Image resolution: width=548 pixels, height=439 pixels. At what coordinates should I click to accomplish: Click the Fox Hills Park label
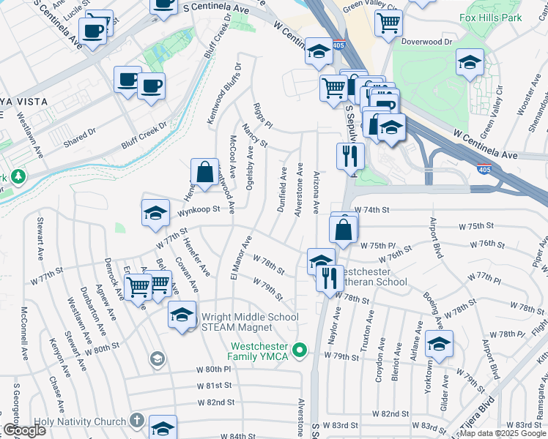490,17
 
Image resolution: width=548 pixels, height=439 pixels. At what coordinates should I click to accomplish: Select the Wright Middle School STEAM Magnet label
245,322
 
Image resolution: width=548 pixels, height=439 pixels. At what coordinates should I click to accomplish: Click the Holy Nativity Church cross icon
137,420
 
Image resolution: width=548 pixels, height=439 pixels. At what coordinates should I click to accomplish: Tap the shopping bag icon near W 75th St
343,230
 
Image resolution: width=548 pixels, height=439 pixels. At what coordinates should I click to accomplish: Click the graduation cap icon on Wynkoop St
155,213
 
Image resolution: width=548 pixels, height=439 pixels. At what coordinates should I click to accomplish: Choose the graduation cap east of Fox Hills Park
470,62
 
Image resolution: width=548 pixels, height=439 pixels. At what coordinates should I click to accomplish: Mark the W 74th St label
369,209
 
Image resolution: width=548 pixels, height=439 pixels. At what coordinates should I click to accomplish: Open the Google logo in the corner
23,430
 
